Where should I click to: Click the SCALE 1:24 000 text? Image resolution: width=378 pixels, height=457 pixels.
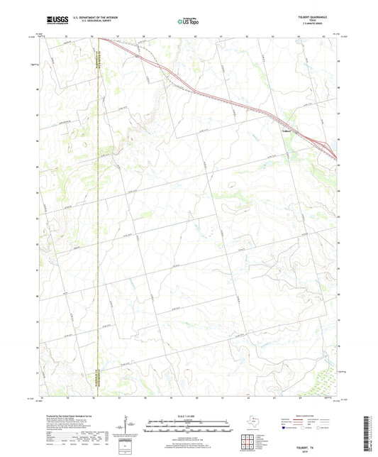tap(186, 416)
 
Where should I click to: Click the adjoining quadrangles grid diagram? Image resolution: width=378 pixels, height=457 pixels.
tap(248, 445)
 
